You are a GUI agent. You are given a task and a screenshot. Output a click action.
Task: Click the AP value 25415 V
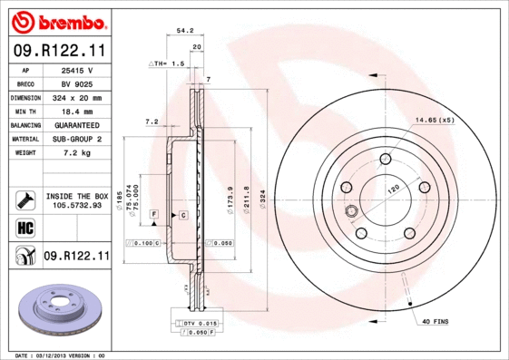pyautogui.click(x=76, y=70)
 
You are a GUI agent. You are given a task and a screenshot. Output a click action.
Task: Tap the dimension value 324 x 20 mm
pyautogui.click(x=76, y=97)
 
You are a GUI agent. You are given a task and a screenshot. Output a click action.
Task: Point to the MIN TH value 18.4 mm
pyautogui.click(x=76, y=111)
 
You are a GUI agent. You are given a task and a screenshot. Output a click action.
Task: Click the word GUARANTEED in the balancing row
pyautogui.click(x=76, y=124)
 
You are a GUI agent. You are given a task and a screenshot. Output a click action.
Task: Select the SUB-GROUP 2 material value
pyautogui.click(x=76, y=139)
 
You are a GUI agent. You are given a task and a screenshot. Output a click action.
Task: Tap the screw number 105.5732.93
pyautogui.click(x=76, y=205)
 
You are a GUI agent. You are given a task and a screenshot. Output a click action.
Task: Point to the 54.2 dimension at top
pyautogui.click(x=185, y=30)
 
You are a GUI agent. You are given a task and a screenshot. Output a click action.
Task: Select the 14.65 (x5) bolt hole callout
pyautogui.click(x=433, y=121)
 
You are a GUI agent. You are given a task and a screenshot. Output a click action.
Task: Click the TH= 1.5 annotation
pyautogui.click(x=167, y=64)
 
